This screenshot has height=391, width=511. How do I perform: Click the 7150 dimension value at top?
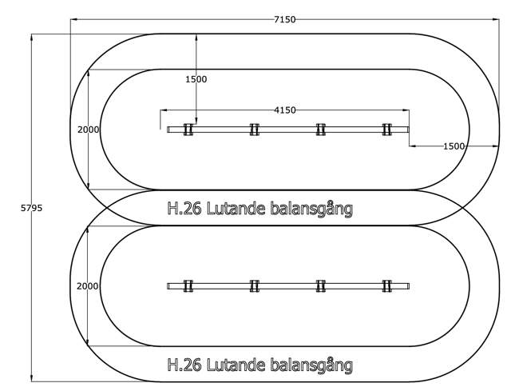284,19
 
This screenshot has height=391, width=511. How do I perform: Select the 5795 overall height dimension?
31,208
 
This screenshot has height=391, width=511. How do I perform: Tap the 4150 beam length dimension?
284,110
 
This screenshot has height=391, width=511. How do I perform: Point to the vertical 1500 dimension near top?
196,79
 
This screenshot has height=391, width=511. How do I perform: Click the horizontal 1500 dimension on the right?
454,146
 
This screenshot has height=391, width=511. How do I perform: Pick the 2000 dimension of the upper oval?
88,130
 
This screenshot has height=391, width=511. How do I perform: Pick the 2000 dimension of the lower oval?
88,286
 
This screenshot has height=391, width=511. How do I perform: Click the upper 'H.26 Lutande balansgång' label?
259,209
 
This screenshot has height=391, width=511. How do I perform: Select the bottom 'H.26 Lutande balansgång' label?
259,365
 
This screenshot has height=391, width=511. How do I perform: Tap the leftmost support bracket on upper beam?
188,130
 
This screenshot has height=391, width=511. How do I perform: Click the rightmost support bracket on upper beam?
387,130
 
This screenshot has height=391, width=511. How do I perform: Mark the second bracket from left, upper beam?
255,130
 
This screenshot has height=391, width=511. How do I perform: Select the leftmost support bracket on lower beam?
188,286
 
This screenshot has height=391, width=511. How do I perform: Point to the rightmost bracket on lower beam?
387,286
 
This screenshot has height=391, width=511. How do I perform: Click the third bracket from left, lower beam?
321,286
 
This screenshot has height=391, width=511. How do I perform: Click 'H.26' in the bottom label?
184,365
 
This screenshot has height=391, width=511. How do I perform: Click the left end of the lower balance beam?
169,286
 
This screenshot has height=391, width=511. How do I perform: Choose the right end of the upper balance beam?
407,130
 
